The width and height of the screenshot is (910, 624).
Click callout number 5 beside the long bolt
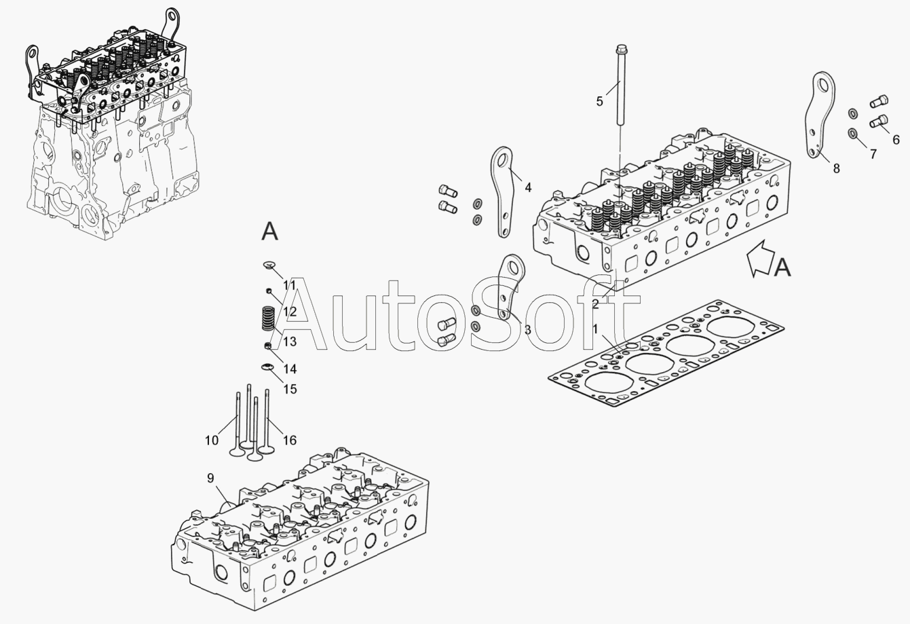coord(599,101)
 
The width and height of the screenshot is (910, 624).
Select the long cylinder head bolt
coord(621,88)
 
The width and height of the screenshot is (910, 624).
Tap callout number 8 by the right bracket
coord(836,168)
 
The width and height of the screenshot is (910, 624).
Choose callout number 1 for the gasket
coord(596,329)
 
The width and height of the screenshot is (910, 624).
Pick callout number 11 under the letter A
coord(290,285)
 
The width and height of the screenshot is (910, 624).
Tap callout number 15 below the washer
coord(290,389)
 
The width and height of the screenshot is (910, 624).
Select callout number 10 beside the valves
coord(212,440)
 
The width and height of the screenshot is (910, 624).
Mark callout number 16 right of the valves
coord(290,440)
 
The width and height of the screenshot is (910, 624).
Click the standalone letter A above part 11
coord(270,232)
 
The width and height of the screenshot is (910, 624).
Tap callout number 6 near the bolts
coord(896,140)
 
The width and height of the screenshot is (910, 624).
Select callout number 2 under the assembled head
coord(595,304)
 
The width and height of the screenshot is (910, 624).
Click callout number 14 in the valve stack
coord(290,369)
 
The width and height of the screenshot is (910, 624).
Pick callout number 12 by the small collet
coord(290,312)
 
